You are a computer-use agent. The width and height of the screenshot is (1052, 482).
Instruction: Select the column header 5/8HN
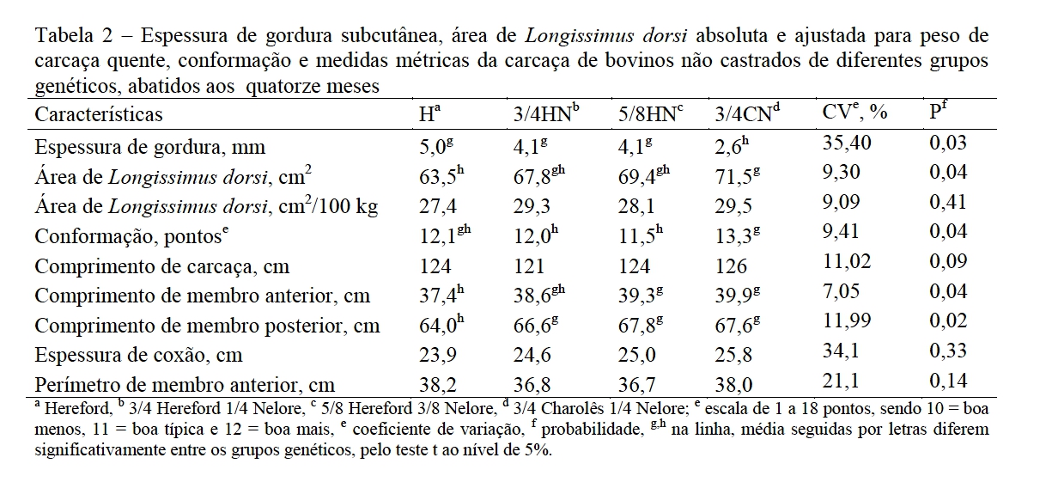(x=651, y=113)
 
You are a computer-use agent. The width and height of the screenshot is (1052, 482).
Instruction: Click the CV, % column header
(x=854, y=112)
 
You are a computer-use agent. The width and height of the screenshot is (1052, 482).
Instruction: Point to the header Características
(x=99, y=114)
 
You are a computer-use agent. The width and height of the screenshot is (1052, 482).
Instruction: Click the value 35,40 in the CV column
(x=847, y=143)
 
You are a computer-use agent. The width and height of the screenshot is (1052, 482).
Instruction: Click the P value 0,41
(x=948, y=202)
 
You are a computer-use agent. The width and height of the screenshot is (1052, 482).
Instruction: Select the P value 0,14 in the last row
(x=948, y=381)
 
